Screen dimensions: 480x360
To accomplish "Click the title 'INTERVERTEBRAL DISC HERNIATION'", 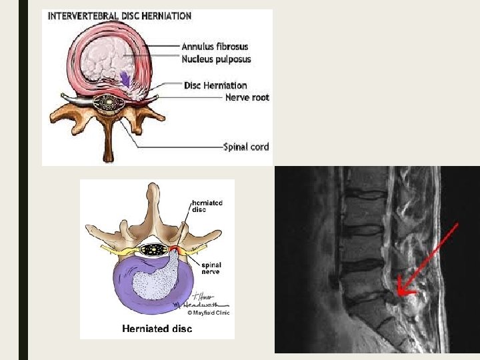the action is pyautogui.click(x=119, y=16).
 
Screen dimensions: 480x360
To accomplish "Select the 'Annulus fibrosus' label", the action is pyautogui.click(x=215, y=47).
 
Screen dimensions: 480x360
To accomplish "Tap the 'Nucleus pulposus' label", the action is pyautogui.click(x=217, y=59).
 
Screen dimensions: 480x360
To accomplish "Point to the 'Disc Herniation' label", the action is pyautogui.click(x=215, y=85).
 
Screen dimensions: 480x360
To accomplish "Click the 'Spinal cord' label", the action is pyautogui.click(x=246, y=147).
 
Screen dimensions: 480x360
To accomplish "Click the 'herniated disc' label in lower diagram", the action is pyautogui.click(x=207, y=205).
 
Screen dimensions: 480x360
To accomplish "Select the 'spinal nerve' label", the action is pyautogui.click(x=207, y=267).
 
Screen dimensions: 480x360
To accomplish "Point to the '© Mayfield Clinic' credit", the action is pyautogui.click(x=207, y=313).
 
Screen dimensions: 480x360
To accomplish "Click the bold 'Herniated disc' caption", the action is pyautogui.click(x=157, y=329).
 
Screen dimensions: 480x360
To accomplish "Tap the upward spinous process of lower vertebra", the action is pyautogui.click(x=153, y=200).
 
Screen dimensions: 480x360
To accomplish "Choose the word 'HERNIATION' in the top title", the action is pyautogui.click(x=167, y=16).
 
